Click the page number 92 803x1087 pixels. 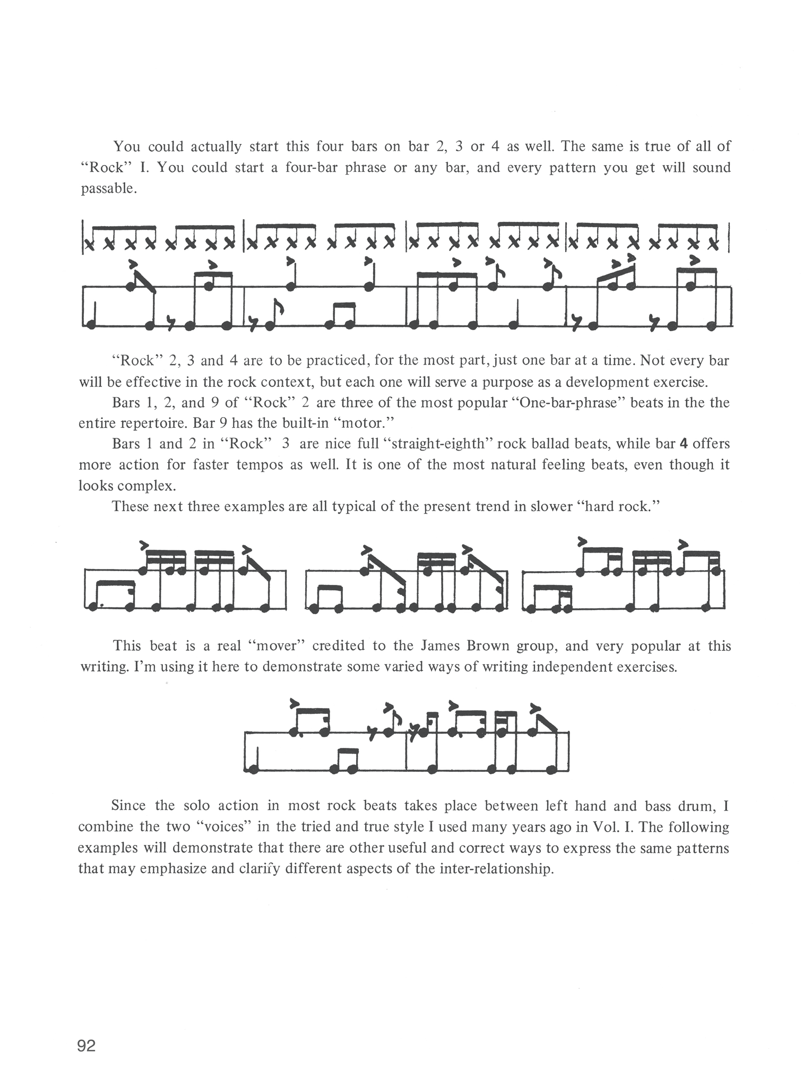click(87, 1046)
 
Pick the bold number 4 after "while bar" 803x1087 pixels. click(684, 444)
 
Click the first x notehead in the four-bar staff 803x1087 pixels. click(89, 244)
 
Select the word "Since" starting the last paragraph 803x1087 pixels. click(128, 806)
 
